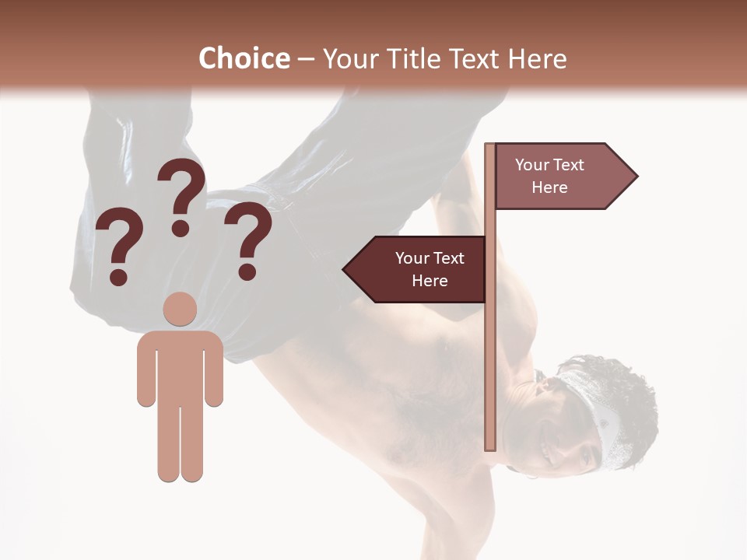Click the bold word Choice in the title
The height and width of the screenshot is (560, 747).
[x=244, y=59]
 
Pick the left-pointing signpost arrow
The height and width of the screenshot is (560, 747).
[x=416, y=269]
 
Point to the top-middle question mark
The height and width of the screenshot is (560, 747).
[x=181, y=194]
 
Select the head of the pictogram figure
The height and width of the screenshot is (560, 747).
[x=181, y=309]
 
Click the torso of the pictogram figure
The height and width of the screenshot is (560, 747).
[x=181, y=366]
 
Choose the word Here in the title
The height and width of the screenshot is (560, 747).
[x=537, y=59]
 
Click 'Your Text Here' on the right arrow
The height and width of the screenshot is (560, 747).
[x=549, y=176]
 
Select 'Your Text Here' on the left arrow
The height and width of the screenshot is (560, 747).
[x=430, y=269]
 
